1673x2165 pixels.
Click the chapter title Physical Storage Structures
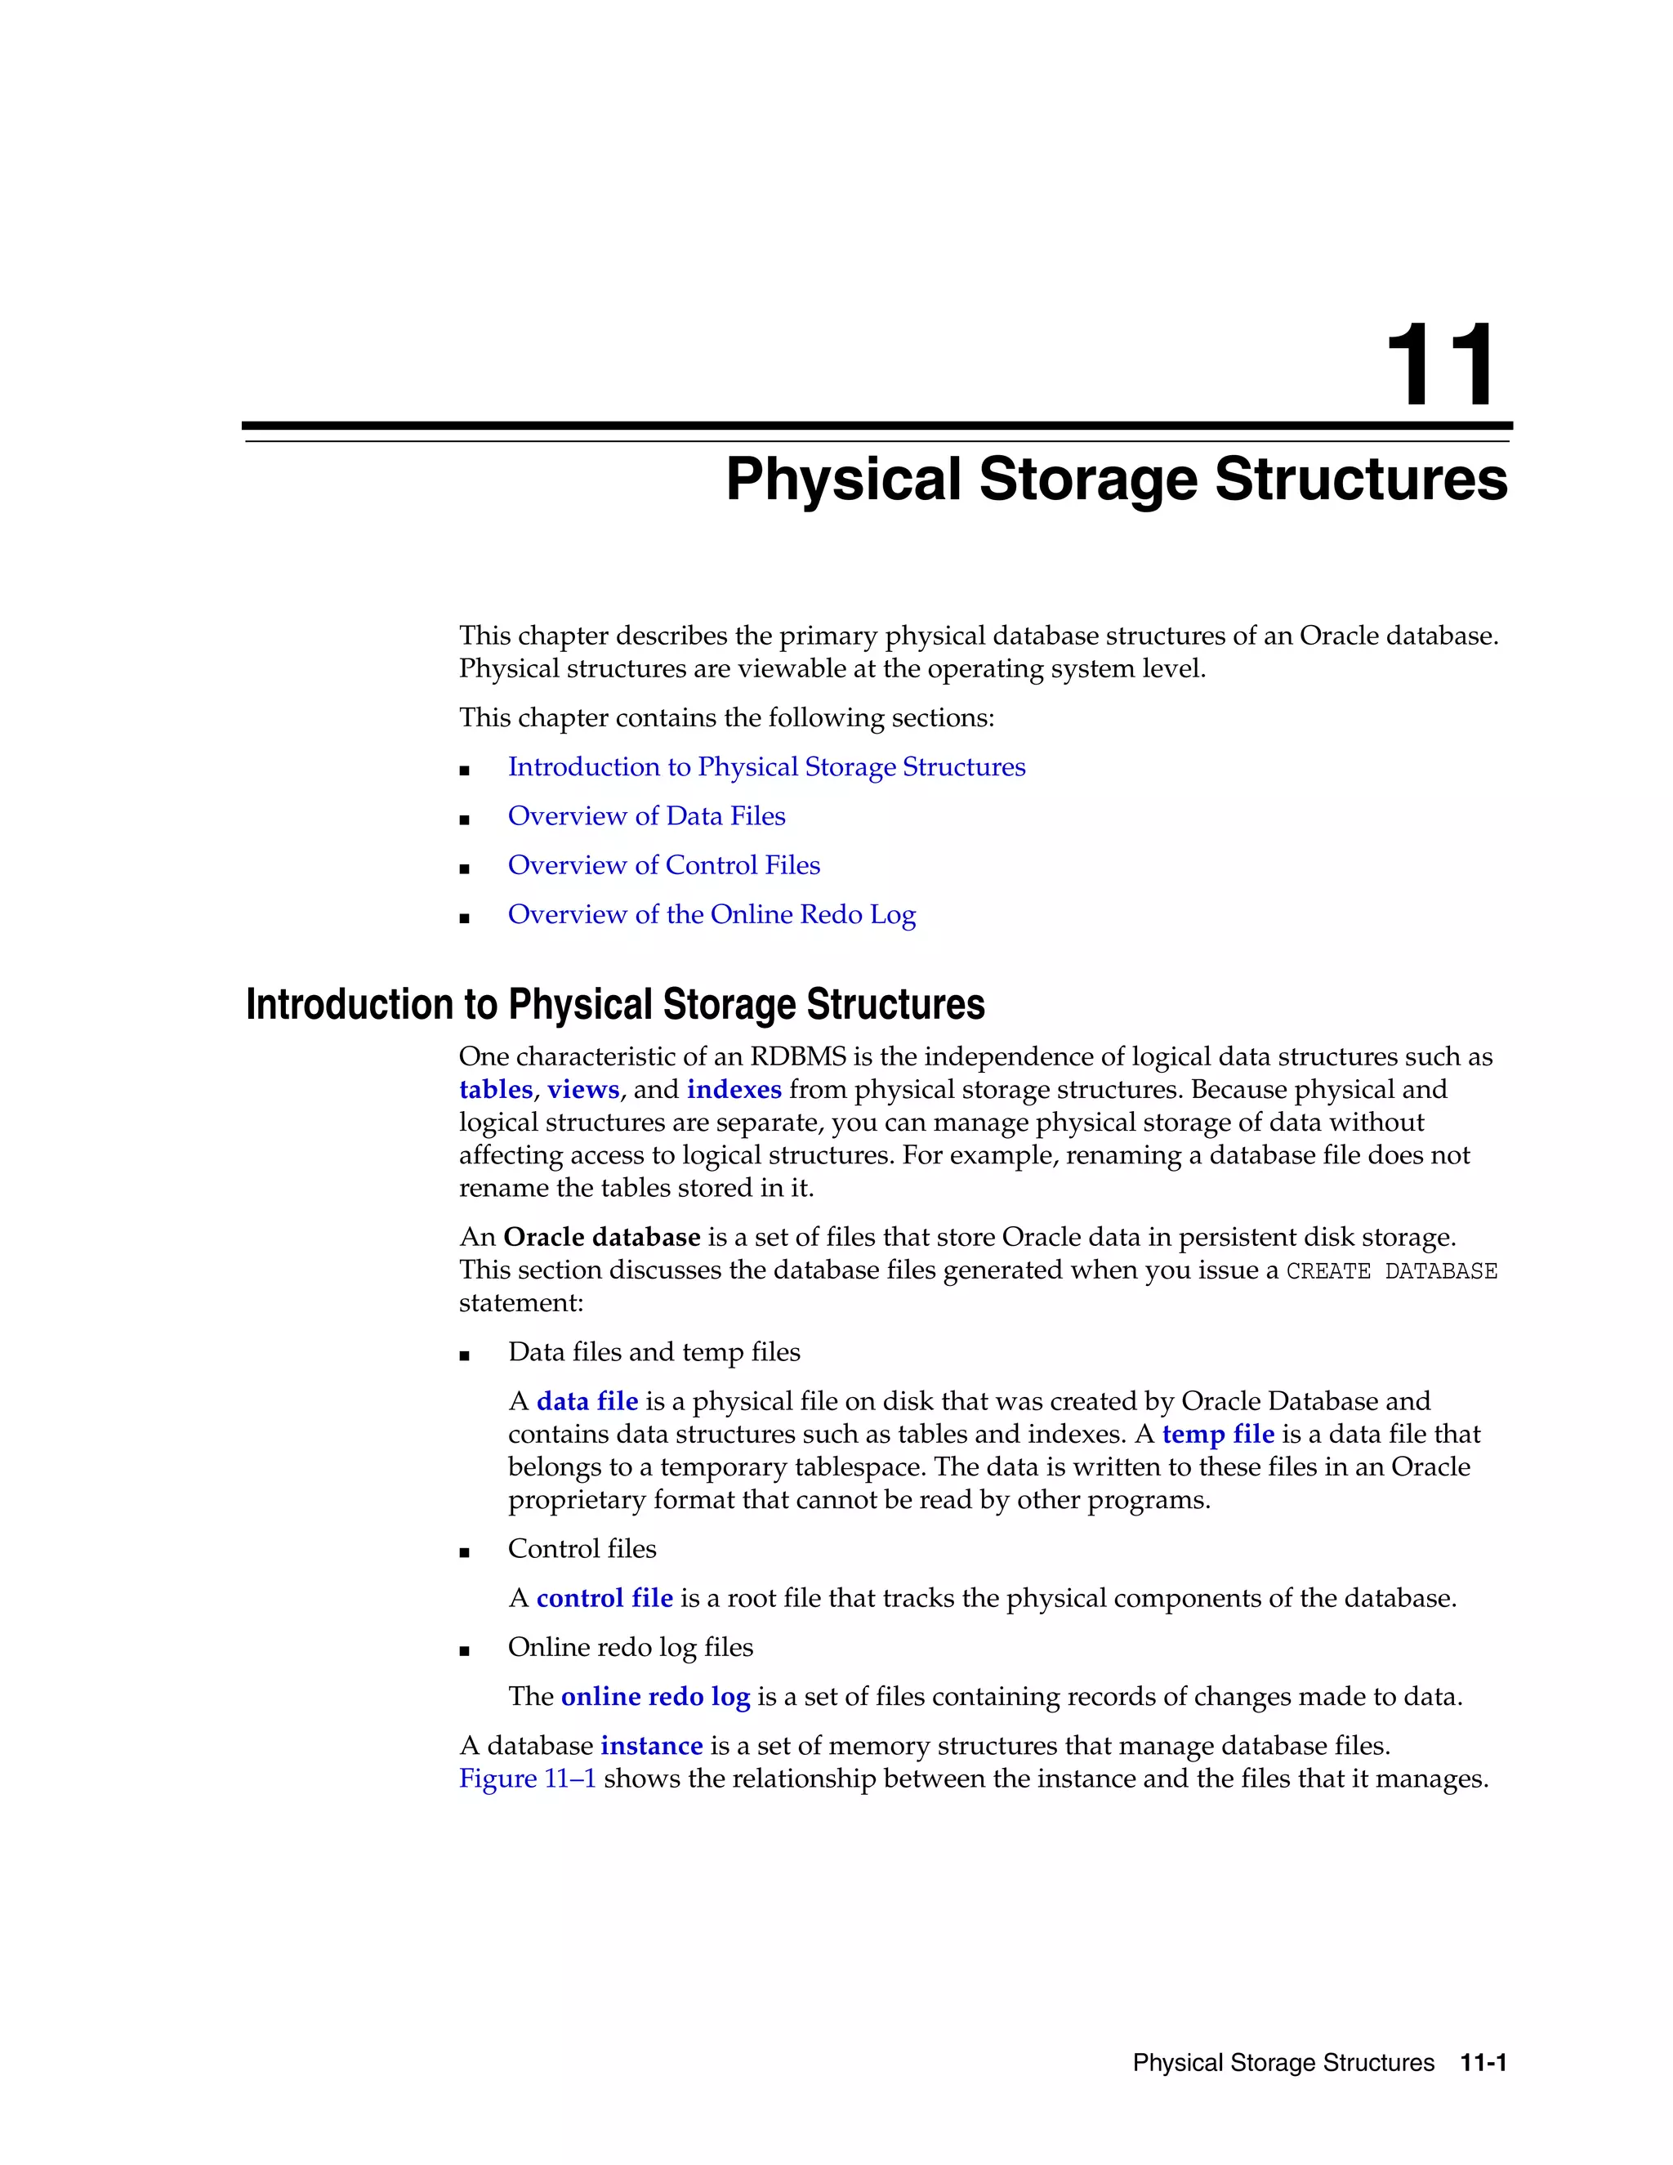[1116, 480]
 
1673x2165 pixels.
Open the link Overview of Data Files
[646, 816]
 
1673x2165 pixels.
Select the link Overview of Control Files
[664, 865]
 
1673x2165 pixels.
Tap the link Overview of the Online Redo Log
[712, 915]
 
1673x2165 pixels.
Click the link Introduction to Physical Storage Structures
[766, 767]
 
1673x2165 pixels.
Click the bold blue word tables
[496, 1089]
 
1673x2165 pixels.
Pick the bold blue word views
[582, 1089]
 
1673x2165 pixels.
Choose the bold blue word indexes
[734, 1089]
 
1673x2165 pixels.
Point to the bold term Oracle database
[601, 1237]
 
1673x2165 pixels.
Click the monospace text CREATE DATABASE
[1390, 1271]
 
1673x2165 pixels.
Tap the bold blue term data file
[587, 1402]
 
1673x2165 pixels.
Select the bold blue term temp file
[1217, 1435]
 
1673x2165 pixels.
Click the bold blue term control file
[605, 1598]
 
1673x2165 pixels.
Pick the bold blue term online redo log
[655, 1697]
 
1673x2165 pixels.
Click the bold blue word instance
[651, 1746]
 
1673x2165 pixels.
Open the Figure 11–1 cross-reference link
[527, 1779]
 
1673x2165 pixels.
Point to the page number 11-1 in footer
[1483, 2063]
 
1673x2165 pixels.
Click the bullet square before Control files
[464, 1552]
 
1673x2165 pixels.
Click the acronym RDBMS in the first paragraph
[798, 1056]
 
